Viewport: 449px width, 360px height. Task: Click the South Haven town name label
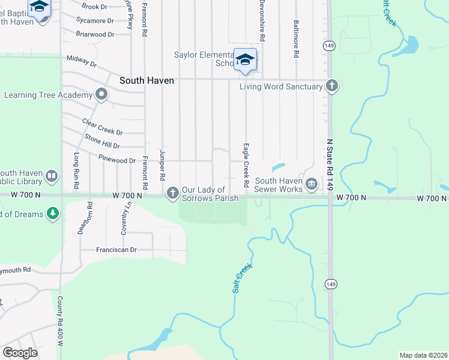click(x=146, y=80)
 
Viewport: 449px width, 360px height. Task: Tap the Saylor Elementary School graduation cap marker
click(x=245, y=59)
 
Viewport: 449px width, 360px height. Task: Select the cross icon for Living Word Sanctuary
click(x=331, y=86)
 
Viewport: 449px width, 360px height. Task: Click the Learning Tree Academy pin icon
click(x=101, y=94)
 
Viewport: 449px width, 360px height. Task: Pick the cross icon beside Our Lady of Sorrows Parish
click(x=172, y=193)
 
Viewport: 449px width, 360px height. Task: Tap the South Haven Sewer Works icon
click(x=311, y=184)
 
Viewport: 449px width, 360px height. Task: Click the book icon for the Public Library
click(x=52, y=176)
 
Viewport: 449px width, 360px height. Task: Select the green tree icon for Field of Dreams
click(x=53, y=214)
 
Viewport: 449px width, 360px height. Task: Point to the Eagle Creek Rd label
click(x=246, y=164)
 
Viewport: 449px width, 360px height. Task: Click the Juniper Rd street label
click(x=162, y=166)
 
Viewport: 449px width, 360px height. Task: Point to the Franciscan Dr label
click(x=116, y=250)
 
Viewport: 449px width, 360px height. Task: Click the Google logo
click(x=20, y=352)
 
